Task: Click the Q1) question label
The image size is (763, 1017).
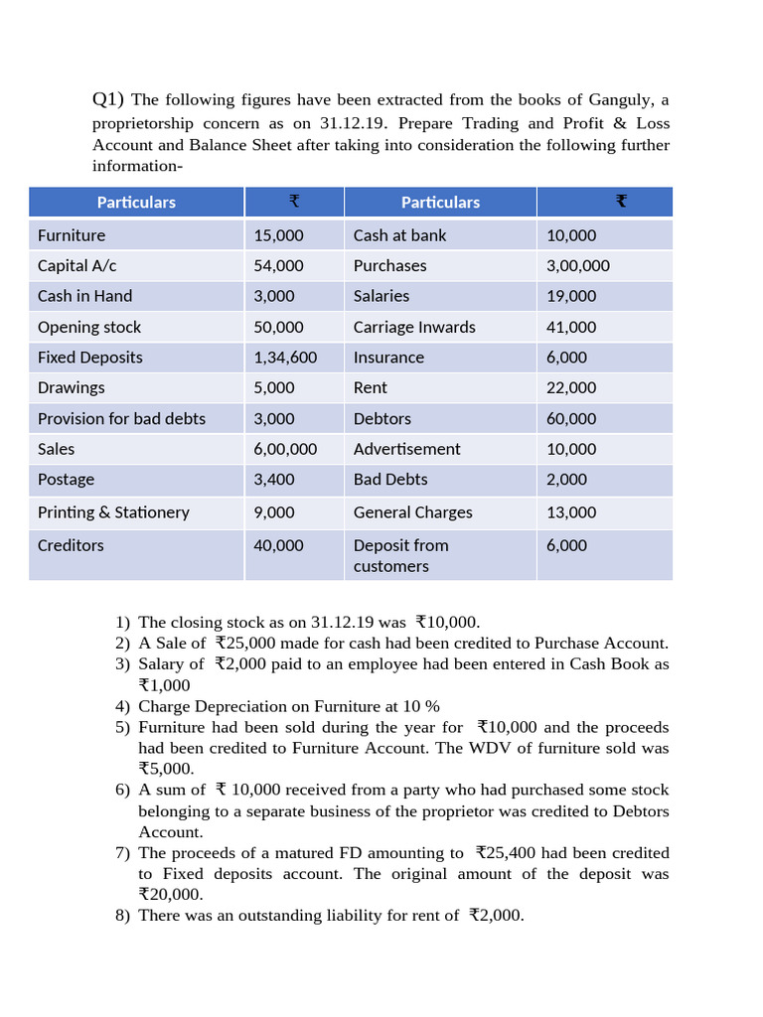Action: [x=108, y=99]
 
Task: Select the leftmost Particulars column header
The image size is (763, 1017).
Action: [x=136, y=203]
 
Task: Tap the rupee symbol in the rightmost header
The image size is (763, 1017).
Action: [x=621, y=202]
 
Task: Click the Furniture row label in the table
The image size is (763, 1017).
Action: [x=72, y=235]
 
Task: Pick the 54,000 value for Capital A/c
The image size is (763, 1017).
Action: [x=278, y=266]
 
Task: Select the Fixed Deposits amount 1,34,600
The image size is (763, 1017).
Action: [x=285, y=358]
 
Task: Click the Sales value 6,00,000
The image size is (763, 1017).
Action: [x=285, y=449]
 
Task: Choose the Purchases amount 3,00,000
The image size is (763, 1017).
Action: [x=578, y=266]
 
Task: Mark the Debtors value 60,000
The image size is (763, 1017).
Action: [x=571, y=419]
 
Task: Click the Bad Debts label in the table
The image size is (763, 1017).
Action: [x=390, y=480]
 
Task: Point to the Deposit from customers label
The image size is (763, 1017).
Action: [x=400, y=555]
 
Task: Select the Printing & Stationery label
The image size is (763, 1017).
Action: [x=113, y=512]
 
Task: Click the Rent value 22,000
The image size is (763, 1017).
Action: [x=571, y=388]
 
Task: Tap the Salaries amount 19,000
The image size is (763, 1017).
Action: [x=571, y=296]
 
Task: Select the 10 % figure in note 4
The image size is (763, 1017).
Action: [x=418, y=706]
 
